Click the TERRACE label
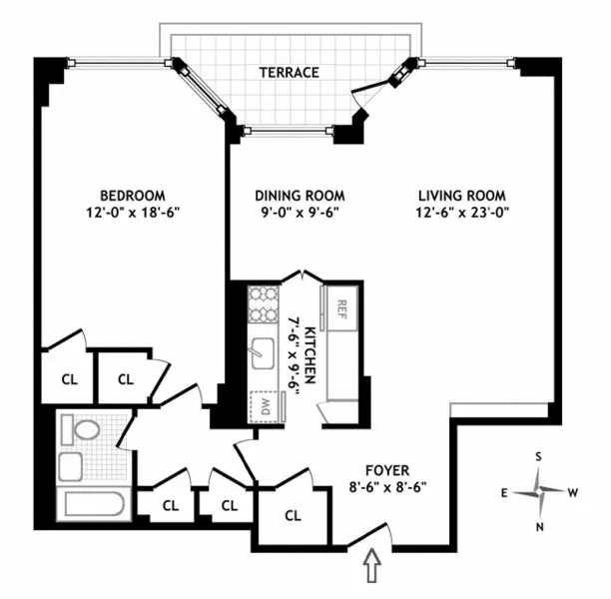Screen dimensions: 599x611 point(289,72)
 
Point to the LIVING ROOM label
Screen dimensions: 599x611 point(462,195)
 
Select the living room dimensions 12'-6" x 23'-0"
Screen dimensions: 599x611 point(462,213)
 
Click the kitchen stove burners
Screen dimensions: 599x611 point(265,304)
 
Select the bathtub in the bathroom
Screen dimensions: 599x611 point(91,502)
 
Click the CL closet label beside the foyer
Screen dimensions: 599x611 point(293,516)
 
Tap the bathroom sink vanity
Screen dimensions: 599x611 point(71,465)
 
